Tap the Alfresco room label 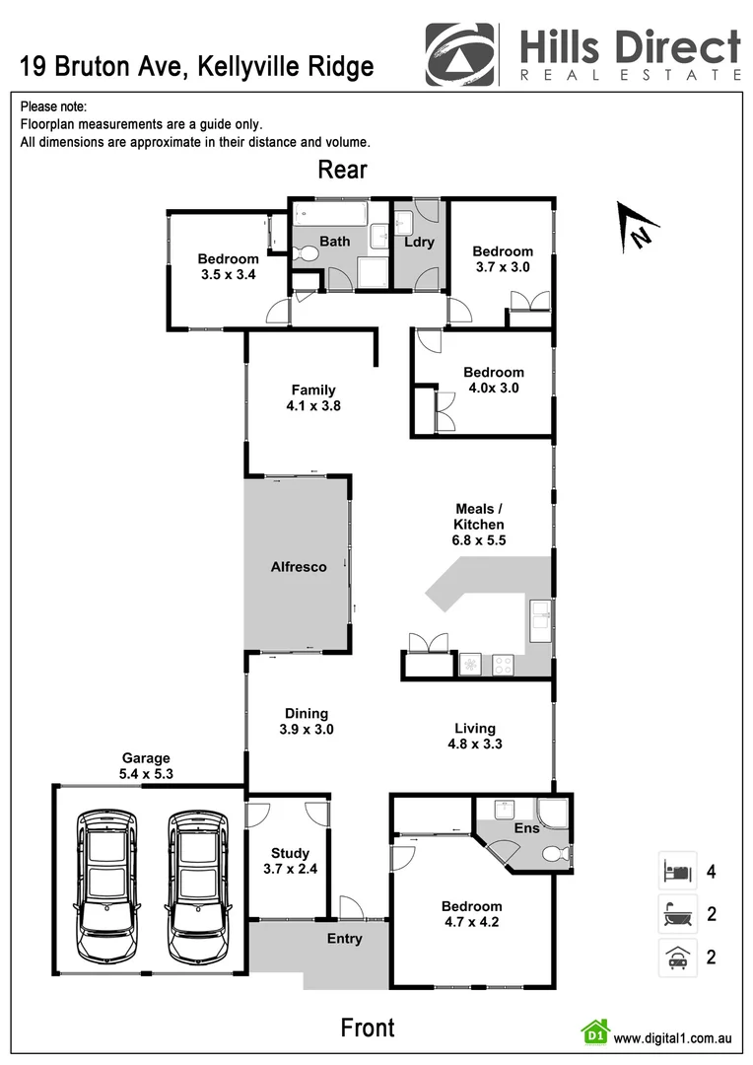click(299, 567)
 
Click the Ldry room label click(419, 242)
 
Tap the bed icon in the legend click(677, 871)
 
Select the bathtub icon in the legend click(677, 914)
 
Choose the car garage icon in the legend click(677, 957)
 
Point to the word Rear click(342, 170)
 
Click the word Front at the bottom click(368, 1028)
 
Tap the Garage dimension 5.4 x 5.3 click(146, 774)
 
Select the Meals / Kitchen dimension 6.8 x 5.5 click(479, 540)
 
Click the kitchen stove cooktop click(503, 665)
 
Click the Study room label click(290, 853)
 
